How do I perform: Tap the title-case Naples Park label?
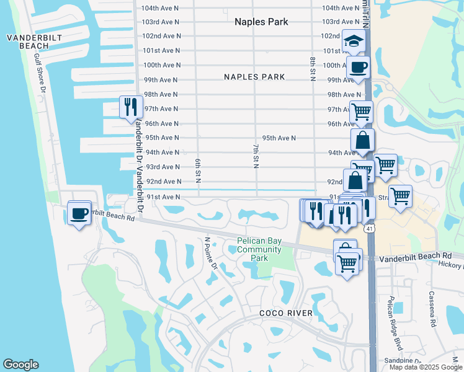click(261, 22)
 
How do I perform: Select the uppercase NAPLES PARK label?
click(254, 77)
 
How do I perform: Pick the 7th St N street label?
click(255, 155)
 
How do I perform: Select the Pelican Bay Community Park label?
click(259, 249)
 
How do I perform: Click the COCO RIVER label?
click(285, 314)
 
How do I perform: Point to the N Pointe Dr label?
click(212, 254)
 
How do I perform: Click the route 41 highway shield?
click(370, 229)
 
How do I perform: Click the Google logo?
click(20, 365)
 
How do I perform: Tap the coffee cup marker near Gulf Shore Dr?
click(79, 213)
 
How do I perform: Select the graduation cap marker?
click(354, 42)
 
